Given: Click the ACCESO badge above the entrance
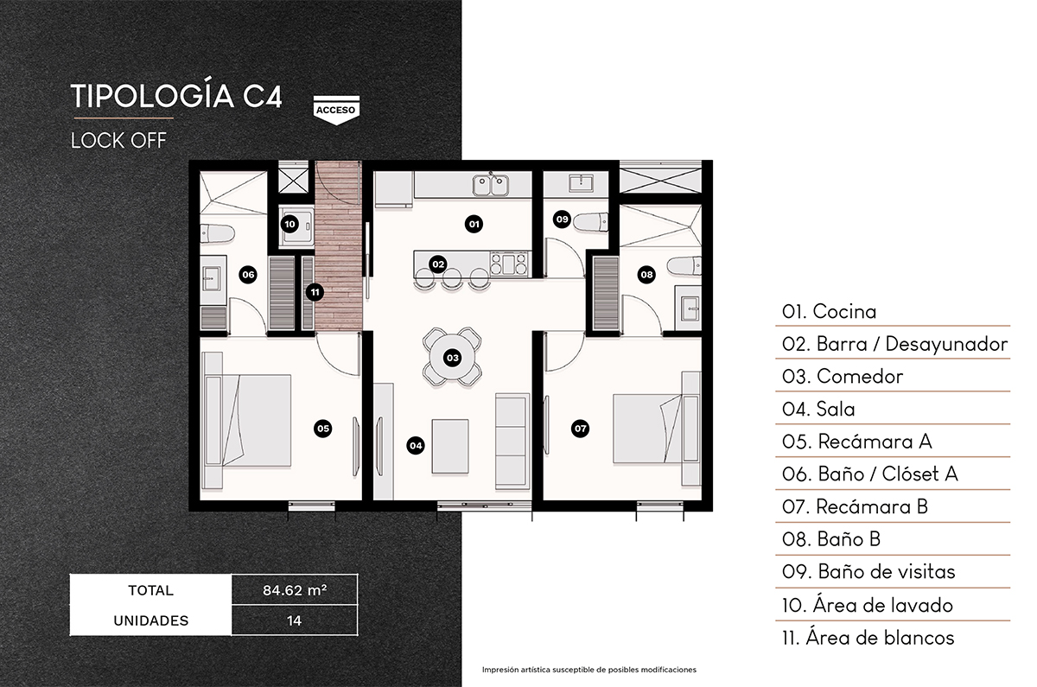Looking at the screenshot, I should tap(336, 109).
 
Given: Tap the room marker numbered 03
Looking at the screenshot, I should tap(451, 356).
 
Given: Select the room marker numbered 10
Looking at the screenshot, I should tap(290, 224).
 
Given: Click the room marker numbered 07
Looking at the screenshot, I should tap(580, 428).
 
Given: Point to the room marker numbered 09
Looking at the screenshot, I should tap(563, 219).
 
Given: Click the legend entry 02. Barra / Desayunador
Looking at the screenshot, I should tap(894, 344).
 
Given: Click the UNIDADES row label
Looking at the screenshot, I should tap(150, 620).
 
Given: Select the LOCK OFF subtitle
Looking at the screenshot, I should tap(118, 139).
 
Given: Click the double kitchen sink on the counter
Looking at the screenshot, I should tap(492, 183).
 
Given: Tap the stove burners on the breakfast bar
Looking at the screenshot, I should tap(509, 263).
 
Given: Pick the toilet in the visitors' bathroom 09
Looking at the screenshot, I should tap(592, 220).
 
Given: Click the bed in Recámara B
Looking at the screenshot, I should tap(647, 428).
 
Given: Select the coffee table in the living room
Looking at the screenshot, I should tap(450, 445).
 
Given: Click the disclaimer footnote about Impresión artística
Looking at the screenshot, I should tap(588, 670).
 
